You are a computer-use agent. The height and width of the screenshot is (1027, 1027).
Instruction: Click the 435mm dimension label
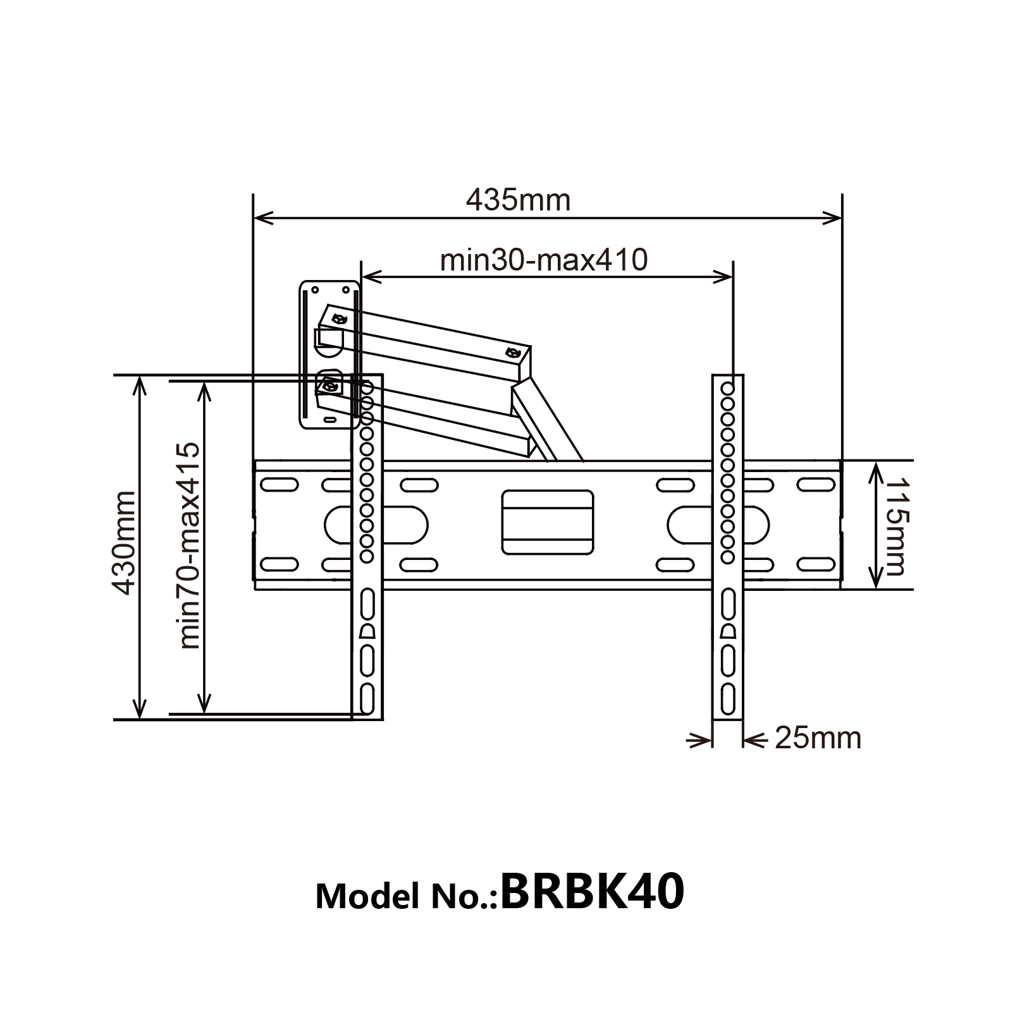pos(518,200)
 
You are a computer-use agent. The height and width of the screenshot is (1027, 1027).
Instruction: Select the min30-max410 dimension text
pos(544,260)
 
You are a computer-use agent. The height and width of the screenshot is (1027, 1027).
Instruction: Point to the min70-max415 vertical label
pos(189,545)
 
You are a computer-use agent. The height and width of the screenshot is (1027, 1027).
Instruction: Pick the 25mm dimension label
pos(817,738)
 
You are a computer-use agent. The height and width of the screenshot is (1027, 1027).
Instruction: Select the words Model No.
pos(407,896)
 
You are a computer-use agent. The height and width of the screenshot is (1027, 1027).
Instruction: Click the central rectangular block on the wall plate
pos(548,521)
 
